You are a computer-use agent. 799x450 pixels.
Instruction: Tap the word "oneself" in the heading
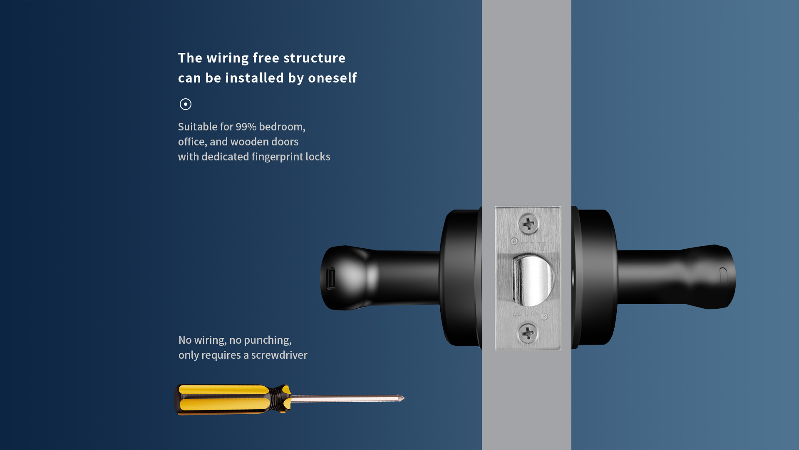pos(332,78)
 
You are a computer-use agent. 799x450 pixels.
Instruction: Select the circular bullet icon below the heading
pos(186,104)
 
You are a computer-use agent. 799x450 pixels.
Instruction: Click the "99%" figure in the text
pos(246,127)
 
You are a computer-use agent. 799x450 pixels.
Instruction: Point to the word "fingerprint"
pos(277,157)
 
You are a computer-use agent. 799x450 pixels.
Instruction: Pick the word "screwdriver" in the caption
pos(279,355)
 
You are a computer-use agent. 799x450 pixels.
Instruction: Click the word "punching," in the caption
pos(268,340)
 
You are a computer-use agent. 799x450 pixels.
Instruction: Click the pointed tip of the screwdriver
pos(404,398)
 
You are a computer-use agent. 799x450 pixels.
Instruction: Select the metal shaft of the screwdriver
pos(345,399)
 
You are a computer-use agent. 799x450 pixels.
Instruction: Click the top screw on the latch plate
pos(529,224)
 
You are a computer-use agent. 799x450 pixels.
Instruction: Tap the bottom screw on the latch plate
pos(528,333)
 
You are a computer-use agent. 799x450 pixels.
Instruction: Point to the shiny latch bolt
pos(533,280)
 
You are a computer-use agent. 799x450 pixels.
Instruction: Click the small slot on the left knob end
pos(331,278)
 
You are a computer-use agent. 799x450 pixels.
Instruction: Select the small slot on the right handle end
pos(723,277)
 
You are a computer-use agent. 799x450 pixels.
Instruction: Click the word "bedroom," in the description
pos(282,127)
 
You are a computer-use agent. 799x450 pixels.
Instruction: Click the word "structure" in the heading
pos(314,58)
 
